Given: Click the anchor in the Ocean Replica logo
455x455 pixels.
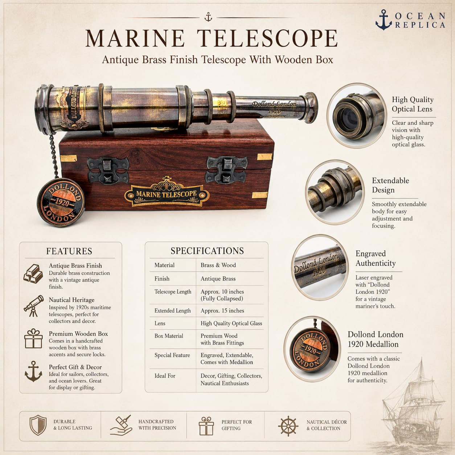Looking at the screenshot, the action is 384,20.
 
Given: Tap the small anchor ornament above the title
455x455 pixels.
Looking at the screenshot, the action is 208,17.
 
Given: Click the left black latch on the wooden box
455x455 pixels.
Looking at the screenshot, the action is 108,170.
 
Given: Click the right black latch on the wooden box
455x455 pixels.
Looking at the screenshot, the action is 226,170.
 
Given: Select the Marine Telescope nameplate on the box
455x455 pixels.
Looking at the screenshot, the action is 167,192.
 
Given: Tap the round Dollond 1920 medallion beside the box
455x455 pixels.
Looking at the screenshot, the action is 61,202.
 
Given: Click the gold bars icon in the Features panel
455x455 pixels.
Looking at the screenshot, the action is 33,274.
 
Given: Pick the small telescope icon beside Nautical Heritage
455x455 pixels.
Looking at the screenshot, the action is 34,306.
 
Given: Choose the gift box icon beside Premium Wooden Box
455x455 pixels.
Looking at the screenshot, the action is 33,339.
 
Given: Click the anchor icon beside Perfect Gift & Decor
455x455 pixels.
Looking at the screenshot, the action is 33,371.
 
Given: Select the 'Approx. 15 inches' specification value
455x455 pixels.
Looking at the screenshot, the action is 222,311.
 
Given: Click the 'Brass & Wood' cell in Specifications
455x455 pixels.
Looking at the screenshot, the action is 218,265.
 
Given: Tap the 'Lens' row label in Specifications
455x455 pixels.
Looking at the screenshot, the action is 160,323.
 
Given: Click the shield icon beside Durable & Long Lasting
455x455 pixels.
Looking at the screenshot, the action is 38,425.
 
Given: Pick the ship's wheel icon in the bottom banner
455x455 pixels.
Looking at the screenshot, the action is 288,426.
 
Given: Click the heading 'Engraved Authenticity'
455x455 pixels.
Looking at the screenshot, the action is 376,258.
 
